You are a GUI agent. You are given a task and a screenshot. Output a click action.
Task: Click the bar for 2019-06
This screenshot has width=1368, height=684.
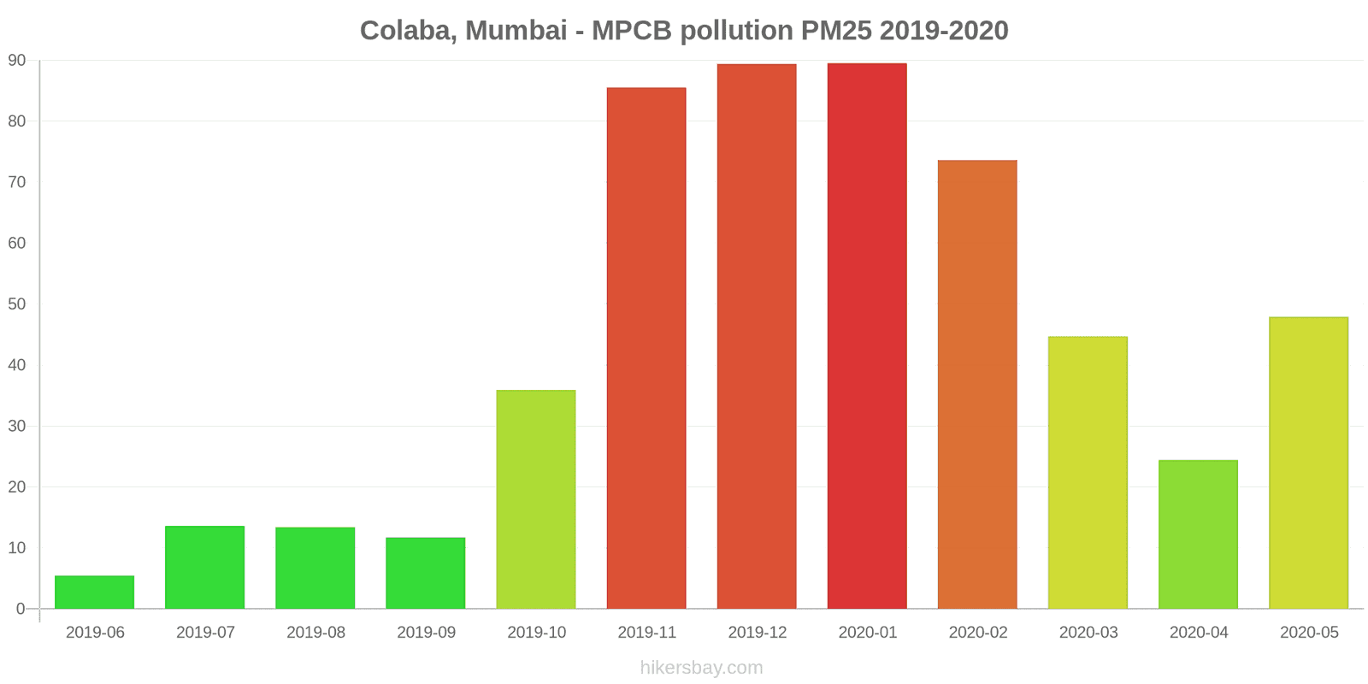(94, 593)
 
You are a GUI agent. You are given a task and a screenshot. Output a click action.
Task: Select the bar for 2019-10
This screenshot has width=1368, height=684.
(536, 499)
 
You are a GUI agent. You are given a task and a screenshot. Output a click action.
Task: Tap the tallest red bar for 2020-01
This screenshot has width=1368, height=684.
(867, 336)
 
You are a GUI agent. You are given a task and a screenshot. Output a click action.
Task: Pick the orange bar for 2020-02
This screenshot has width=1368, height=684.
(977, 385)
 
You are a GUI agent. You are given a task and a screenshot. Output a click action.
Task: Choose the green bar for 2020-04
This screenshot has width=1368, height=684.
(1198, 534)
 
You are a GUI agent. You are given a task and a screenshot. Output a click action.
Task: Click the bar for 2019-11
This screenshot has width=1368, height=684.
(646, 348)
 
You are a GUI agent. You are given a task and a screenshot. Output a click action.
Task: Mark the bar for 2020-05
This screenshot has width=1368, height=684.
(1308, 463)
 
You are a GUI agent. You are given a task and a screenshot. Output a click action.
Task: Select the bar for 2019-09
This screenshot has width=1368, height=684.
(426, 573)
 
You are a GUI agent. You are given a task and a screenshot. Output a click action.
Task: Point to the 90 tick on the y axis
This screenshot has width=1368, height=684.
(18, 61)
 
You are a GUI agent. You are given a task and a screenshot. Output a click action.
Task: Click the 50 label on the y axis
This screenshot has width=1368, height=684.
(18, 304)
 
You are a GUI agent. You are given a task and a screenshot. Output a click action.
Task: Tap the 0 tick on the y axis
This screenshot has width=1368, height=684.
(21, 609)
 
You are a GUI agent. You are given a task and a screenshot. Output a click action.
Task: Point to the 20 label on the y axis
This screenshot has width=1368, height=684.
(18, 487)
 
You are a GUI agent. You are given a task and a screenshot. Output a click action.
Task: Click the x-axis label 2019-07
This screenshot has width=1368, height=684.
(205, 633)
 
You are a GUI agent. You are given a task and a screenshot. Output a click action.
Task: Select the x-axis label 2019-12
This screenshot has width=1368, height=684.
(757, 633)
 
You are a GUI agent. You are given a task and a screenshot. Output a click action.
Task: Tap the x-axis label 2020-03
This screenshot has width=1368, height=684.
(1088, 633)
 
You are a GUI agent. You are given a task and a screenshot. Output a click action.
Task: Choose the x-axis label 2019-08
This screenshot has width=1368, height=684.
(315, 633)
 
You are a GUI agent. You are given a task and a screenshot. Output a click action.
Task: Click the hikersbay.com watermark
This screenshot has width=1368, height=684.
(701, 668)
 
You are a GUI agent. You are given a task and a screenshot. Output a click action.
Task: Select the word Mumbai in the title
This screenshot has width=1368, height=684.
(516, 31)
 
